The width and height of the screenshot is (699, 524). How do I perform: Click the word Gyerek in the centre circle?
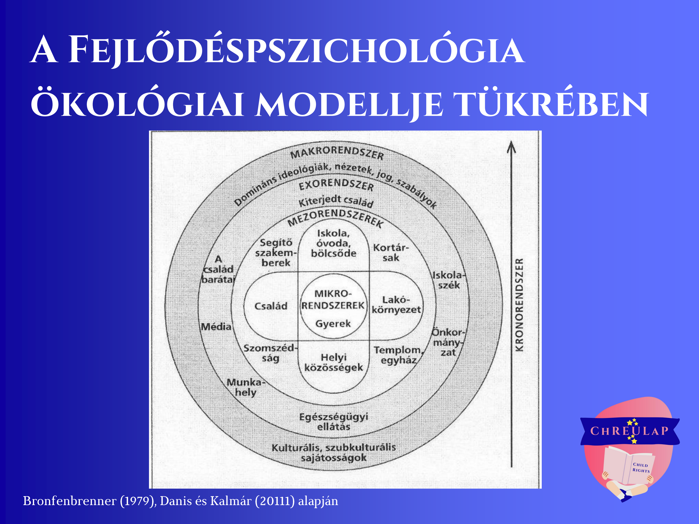point(333,324)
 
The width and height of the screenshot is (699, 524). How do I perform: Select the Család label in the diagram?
point(271,306)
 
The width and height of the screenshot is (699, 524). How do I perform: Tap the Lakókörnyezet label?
point(396,305)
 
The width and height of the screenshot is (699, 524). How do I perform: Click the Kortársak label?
point(391,253)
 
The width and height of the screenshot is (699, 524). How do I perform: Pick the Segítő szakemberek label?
point(276,253)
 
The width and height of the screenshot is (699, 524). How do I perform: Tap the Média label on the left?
point(216,327)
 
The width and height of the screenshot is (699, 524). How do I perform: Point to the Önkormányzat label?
point(448,342)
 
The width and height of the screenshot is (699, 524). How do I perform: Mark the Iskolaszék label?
point(449,280)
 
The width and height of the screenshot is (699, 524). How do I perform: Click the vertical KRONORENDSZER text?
point(519,305)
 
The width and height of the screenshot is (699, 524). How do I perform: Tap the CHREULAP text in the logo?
point(630,431)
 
